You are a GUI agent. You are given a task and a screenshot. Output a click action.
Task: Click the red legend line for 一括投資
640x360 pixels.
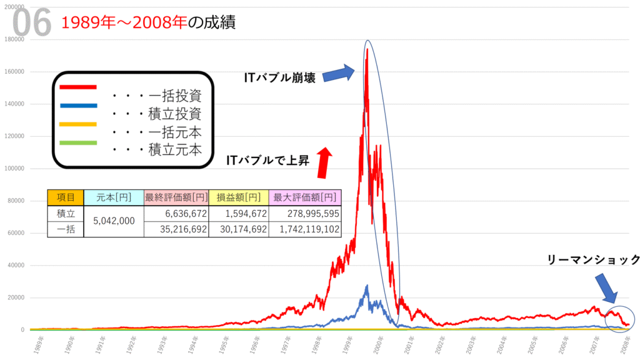(x=77, y=87)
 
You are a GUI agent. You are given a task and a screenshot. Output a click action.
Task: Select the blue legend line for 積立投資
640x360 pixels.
(x=77, y=106)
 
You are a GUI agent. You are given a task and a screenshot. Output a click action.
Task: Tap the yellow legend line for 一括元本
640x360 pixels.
(x=77, y=124)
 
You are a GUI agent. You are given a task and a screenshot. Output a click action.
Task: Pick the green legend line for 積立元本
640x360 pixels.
(x=77, y=142)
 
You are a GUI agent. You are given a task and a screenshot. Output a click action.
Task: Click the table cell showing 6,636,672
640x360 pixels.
(x=176, y=214)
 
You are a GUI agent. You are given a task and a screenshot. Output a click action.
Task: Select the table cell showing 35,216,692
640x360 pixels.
(x=176, y=229)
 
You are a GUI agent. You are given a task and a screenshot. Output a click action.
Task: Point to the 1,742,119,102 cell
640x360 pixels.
(x=305, y=229)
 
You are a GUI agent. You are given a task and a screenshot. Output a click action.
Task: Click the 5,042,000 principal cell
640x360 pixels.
(x=113, y=221)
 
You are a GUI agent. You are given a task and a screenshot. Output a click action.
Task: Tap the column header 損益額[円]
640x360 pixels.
(x=238, y=197)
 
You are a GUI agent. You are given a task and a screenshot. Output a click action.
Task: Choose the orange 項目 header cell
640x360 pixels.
(x=65, y=197)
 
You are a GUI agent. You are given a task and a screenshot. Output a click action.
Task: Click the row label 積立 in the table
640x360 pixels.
(x=65, y=214)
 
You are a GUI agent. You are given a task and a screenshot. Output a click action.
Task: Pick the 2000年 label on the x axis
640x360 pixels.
(x=379, y=344)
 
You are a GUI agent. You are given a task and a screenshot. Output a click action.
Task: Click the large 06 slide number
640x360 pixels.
(x=31, y=24)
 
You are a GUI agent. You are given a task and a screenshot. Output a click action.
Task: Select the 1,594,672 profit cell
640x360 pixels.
(x=238, y=214)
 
